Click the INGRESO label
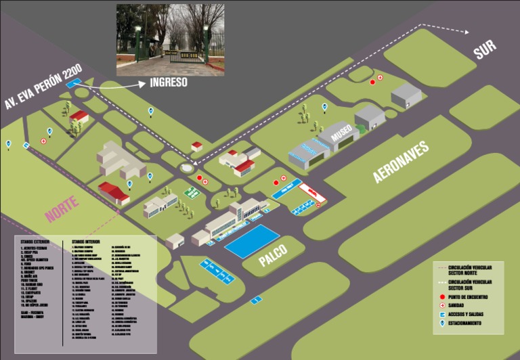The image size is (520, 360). [x=169, y=83]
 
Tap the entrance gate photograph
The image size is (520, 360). [x=171, y=39]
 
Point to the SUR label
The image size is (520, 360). [x=485, y=50]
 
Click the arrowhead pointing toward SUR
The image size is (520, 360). [x=467, y=31]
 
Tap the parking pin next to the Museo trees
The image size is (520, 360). [x=324, y=106]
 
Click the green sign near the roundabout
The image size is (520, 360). [x=192, y=193]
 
